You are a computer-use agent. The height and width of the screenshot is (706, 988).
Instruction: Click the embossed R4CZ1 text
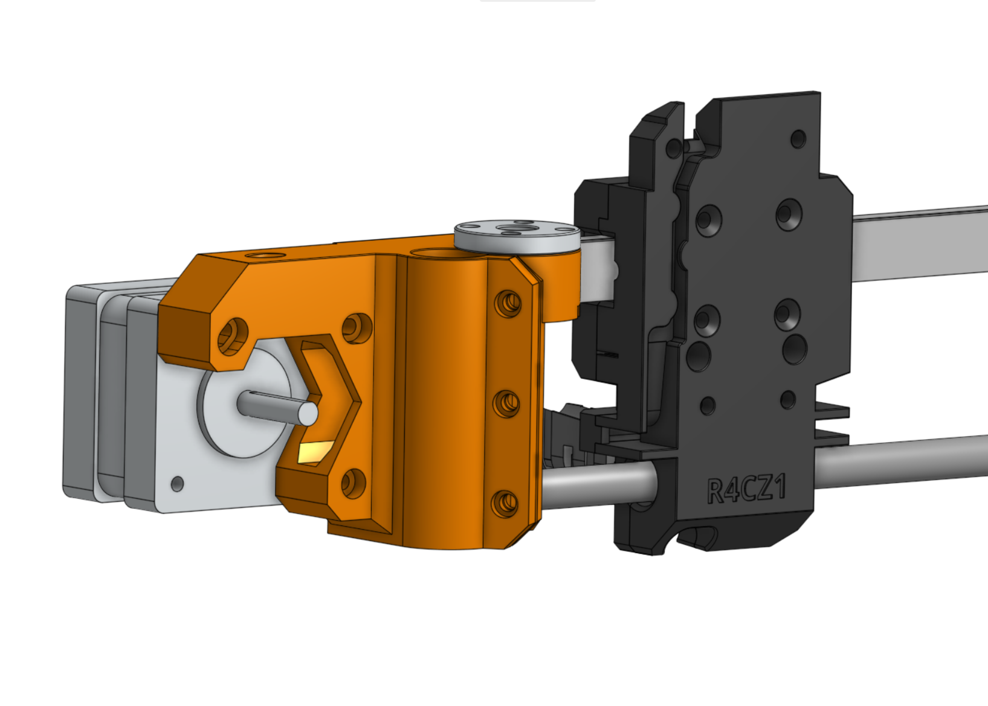point(747,489)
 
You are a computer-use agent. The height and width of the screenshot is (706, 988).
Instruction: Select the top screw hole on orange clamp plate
point(508,303)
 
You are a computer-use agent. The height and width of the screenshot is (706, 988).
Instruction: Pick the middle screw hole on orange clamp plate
point(506,403)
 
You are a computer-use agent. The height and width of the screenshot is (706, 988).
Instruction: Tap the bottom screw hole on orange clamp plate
point(505,502)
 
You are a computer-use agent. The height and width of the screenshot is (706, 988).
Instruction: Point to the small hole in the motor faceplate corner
point(178,484)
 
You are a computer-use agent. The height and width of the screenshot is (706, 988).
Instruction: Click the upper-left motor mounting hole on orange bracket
point(233,335)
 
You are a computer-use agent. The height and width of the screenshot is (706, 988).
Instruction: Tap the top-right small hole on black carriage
point(798,139)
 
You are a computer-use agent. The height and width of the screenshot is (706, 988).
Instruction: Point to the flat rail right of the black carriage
point(919,245)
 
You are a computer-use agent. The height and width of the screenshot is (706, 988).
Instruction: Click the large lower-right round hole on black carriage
point(795,349)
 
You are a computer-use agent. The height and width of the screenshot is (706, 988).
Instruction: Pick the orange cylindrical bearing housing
point(444,399)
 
